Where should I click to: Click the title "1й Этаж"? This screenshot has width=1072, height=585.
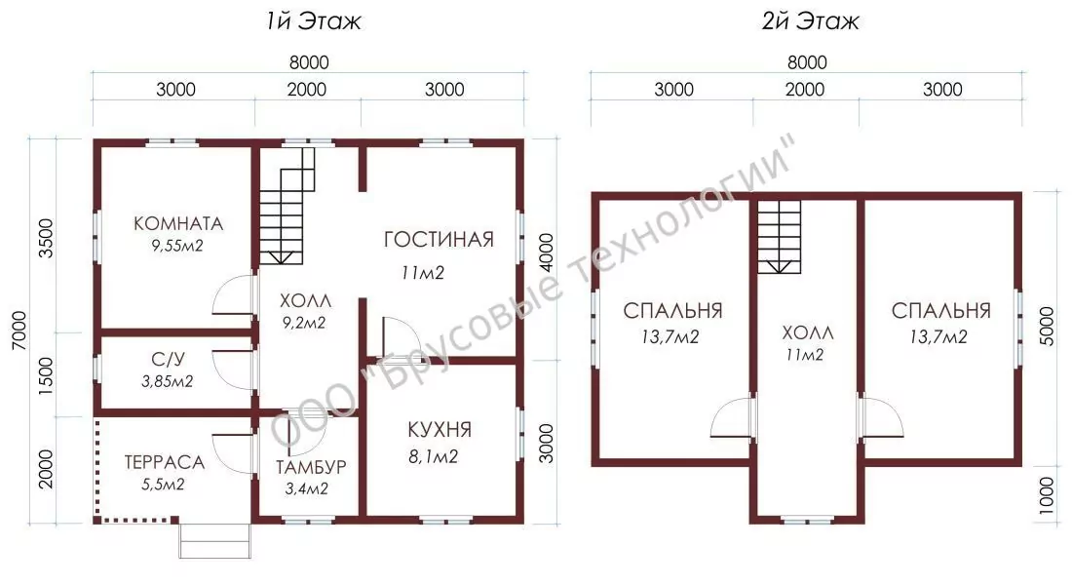point(313,21)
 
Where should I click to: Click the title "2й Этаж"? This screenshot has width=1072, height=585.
point(810,21)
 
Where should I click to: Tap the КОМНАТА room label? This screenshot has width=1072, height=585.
point(178,223)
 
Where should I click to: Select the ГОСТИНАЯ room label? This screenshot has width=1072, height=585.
point(439,240)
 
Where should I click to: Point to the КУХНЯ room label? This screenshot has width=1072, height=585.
point(440,430)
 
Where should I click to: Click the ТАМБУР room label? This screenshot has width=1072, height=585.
point(311,467)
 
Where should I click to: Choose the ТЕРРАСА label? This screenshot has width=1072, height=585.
point(164,462)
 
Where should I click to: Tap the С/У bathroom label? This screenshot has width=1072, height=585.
point(169,359)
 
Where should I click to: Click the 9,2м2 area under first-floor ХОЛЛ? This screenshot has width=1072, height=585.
point(304,323)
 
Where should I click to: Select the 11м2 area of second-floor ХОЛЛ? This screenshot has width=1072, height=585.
point(805,355)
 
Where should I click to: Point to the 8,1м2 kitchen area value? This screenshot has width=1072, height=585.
point(434,456)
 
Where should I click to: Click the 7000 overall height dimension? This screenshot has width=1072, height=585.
point(19,331)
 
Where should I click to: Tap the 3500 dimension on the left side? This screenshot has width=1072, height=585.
point(46,238)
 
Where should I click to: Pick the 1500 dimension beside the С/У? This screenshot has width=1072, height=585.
point(46,375)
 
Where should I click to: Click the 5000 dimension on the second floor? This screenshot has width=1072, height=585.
point(1047,327)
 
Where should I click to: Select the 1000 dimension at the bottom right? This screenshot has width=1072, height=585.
point(1047,495)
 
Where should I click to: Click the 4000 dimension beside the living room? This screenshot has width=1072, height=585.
point(547,253)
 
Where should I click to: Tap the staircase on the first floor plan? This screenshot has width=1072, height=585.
point(287,206)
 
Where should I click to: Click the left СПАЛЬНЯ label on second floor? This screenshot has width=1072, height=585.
point(672,311)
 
